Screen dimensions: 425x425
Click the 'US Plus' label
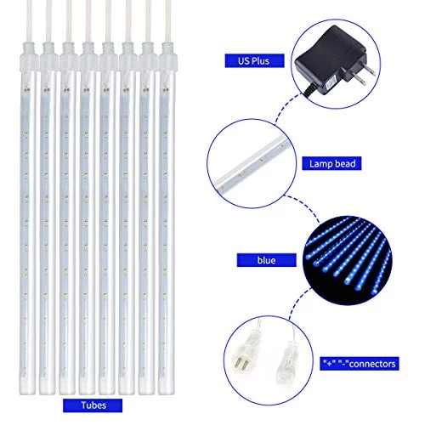[x=248, y=62]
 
